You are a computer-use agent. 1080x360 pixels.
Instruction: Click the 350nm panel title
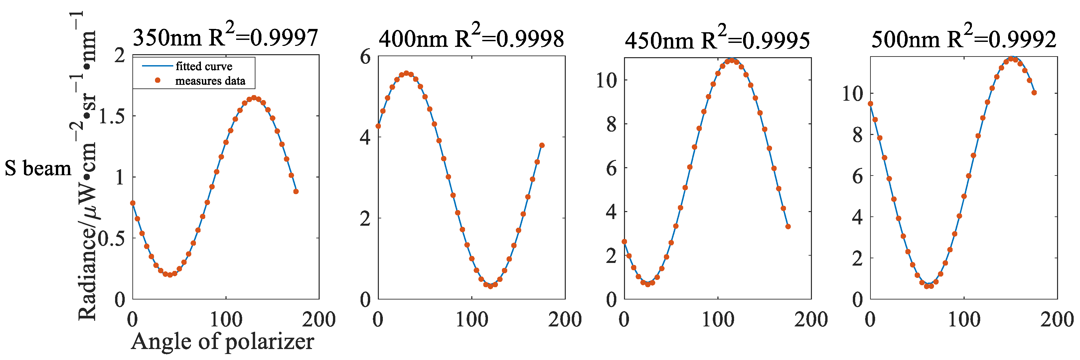(x=225, y=37)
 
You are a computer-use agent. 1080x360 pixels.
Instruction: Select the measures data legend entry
(x=210, y=80)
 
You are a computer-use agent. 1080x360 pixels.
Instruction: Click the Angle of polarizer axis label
(x=222, y=342)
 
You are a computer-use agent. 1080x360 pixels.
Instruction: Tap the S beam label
(x=38, y=169)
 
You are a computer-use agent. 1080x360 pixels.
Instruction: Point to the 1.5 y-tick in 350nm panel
(x=111, y=116)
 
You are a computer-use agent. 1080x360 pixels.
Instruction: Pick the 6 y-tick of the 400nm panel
(x=365, y=56)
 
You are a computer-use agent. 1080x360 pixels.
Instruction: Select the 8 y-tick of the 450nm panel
(x=611, y=124)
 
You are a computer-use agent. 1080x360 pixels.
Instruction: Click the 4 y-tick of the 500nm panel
(x=857, y=217)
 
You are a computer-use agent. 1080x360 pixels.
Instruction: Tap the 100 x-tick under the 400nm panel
(x=472, y=320)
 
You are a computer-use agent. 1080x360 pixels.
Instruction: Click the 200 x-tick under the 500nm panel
(x=1057, y=320)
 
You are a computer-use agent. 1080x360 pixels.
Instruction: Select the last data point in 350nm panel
(x=296, y=191)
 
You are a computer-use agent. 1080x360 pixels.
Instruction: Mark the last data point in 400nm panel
(x=542, y=145)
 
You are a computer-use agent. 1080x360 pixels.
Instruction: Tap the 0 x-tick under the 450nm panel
(x=624, y=320)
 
